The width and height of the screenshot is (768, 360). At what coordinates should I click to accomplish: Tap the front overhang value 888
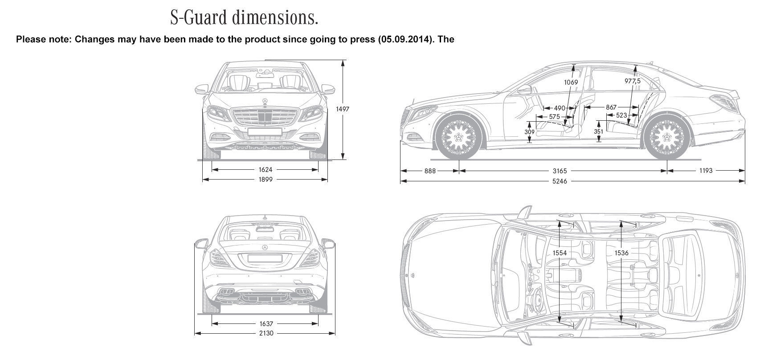[x=430, y=171]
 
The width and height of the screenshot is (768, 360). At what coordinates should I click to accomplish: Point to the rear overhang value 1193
[x=706, y=171]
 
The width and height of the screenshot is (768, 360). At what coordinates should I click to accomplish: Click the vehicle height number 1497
[x=343, y=109]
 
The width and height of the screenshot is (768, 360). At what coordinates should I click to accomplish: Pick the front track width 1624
[x=265, y=170]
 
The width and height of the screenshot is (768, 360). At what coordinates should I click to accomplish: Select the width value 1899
[x=265, y=180]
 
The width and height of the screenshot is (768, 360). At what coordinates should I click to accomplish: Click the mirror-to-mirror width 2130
[x=266, y=333]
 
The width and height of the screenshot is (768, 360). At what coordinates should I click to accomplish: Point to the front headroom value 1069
[x=571, y=82]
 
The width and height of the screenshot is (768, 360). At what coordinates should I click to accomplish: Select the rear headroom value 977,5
[x=632, y=81]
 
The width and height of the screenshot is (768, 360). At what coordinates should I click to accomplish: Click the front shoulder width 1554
[x=560, y=253]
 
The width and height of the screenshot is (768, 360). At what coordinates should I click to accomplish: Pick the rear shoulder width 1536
[x=621, y=253]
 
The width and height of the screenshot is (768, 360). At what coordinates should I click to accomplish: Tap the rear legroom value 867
[x=611, y=107]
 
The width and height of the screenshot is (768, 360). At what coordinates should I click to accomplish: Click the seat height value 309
[x=529, y=132]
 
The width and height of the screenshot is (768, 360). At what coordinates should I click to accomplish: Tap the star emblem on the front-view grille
[x=265, y=102]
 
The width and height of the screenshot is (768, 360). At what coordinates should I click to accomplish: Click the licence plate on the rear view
[x=265, y=258]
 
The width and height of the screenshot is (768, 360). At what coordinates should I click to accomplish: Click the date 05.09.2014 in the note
[x=404, y=39]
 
